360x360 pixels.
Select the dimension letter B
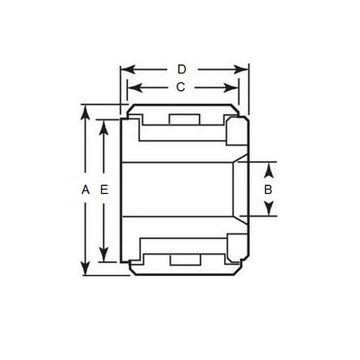tap(268, 189)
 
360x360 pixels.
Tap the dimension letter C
tap(181, 87)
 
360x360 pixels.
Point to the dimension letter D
tap(181, 67)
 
